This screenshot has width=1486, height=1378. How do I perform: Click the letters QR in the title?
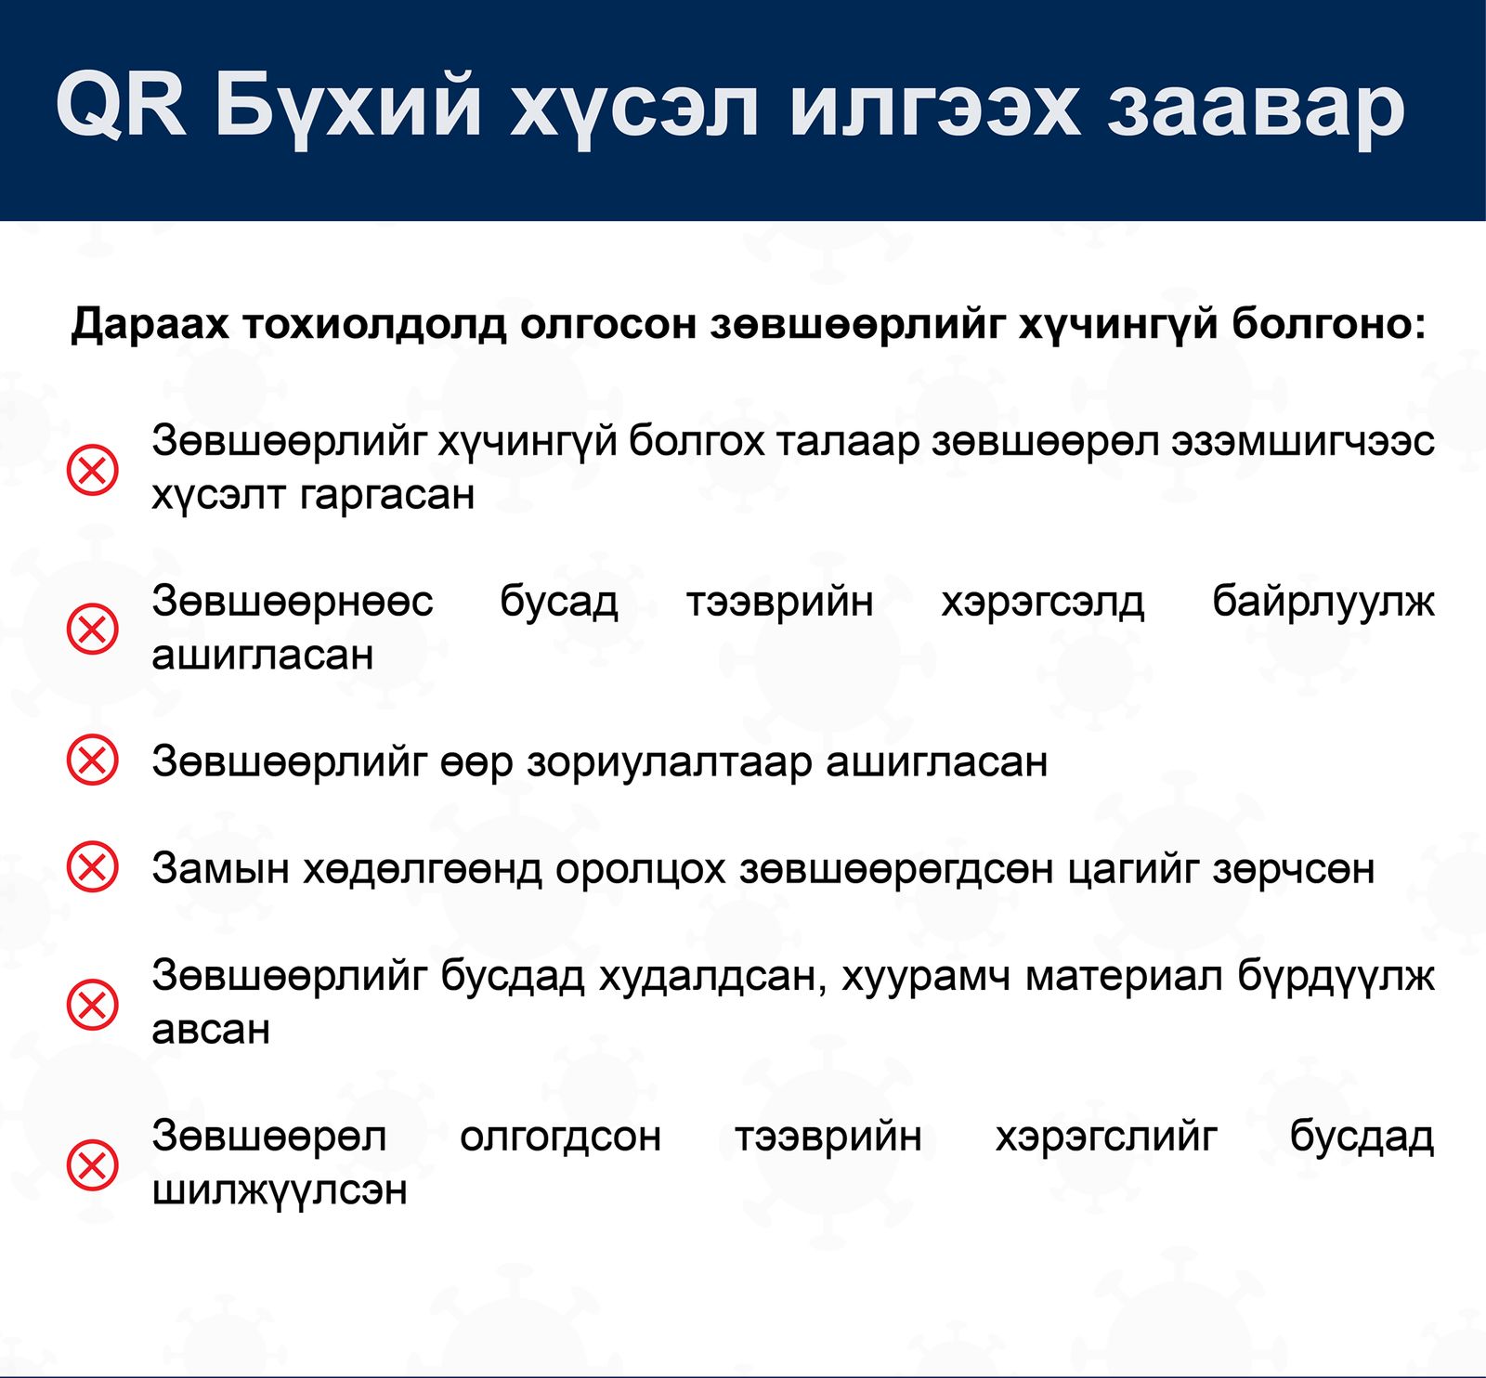point(121,104)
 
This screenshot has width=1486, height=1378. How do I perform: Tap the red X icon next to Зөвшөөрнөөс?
point(93,630)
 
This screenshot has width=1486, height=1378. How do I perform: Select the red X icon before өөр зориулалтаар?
point(93,760)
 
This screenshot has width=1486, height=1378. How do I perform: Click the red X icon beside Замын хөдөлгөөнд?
point(93,868)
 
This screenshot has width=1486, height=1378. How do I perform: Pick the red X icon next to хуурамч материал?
point(93,1004)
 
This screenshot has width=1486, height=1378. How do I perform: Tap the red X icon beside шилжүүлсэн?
point(93,1164)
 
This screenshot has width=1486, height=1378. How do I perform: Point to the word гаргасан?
point(388,496)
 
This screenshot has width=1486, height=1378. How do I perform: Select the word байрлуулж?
point(1323,603)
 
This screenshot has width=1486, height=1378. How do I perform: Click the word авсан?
point(211,1030)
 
